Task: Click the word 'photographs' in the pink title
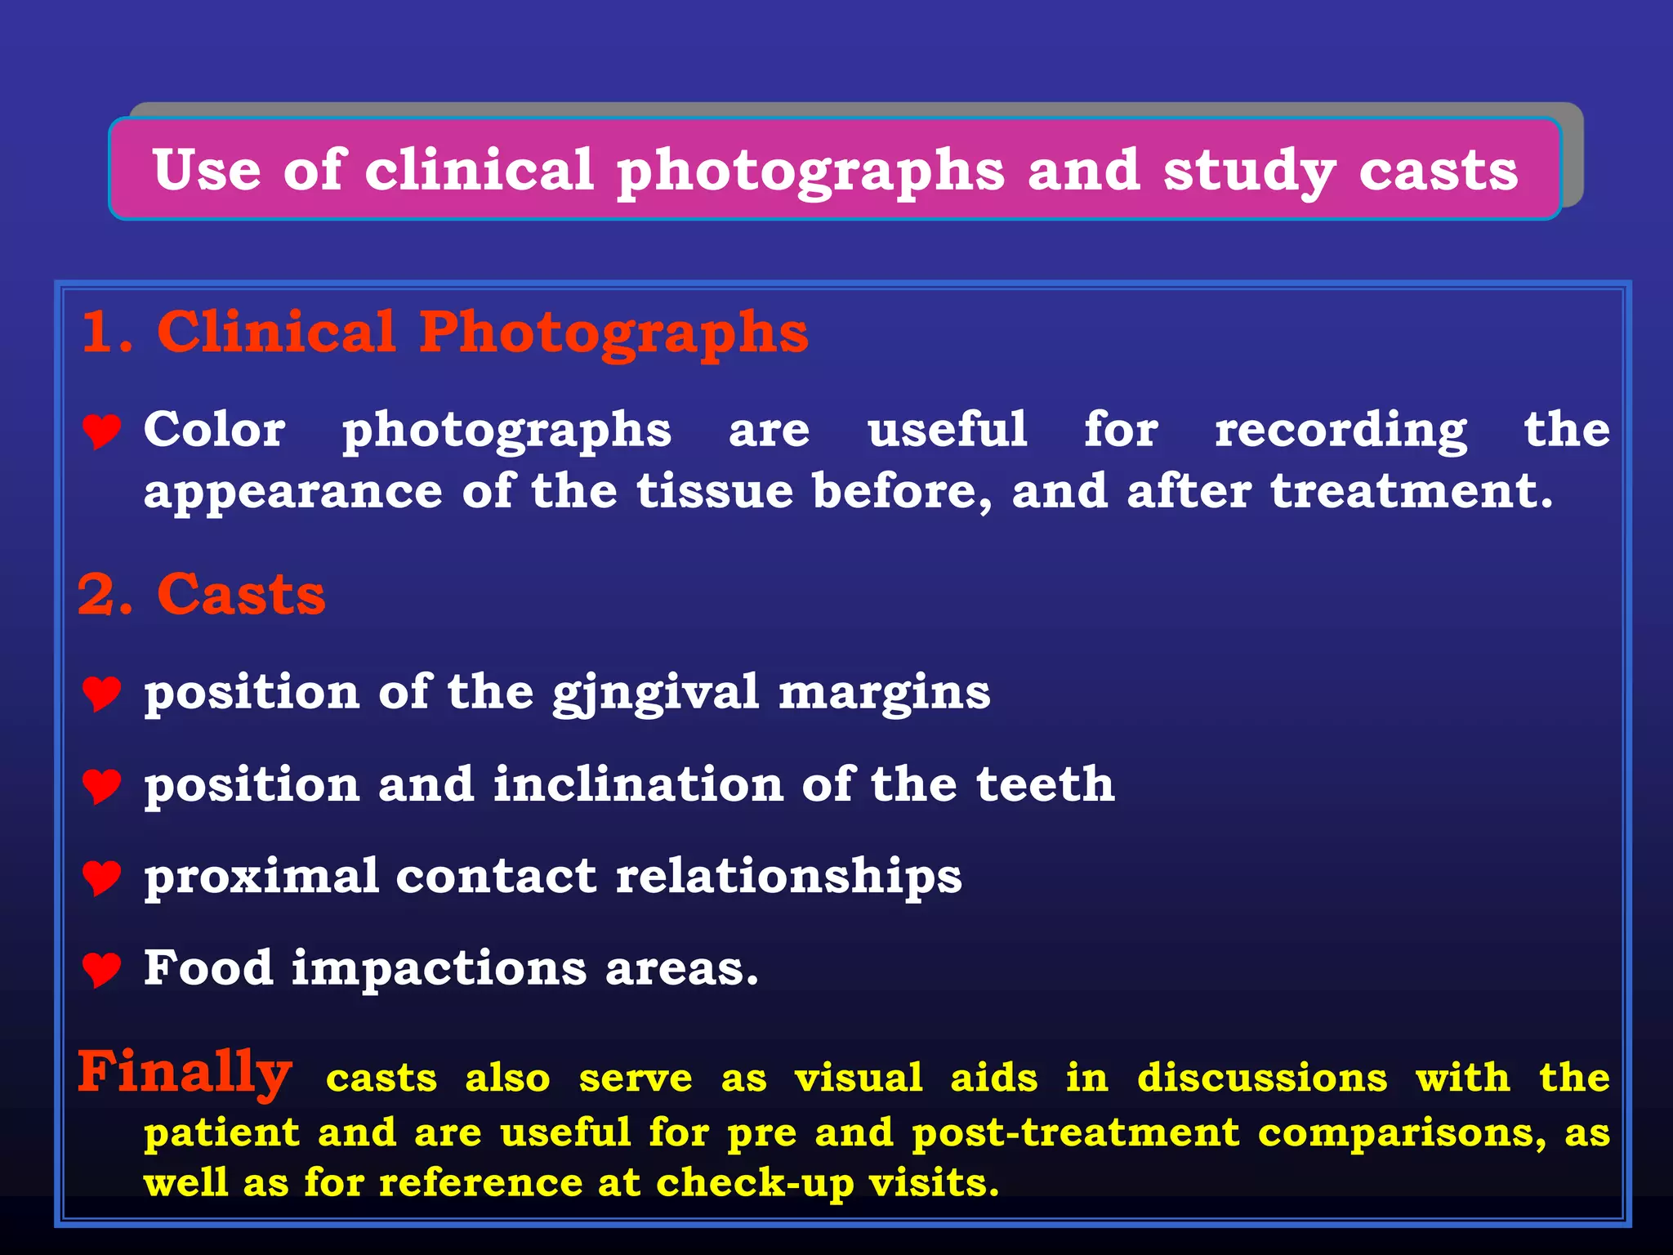point(810,172)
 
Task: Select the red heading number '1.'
point(106,333)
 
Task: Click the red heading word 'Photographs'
point(613,333)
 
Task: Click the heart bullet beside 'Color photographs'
point(102,431)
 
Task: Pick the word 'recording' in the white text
point(1341,431)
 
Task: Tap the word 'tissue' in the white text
point(715,491)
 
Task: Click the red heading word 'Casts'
point(241,594)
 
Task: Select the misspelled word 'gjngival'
point(656,693)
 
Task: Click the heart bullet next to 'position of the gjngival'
point(102,694)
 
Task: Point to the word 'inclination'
point(638,784)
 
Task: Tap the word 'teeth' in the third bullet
point(1045,784)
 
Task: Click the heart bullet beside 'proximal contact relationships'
point(102,878)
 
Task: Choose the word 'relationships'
point(788,877)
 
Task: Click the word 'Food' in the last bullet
point(208,968)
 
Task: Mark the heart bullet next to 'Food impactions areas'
point(102,970)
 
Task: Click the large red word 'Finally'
point(185,1072)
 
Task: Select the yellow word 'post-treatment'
point(1075,1133)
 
